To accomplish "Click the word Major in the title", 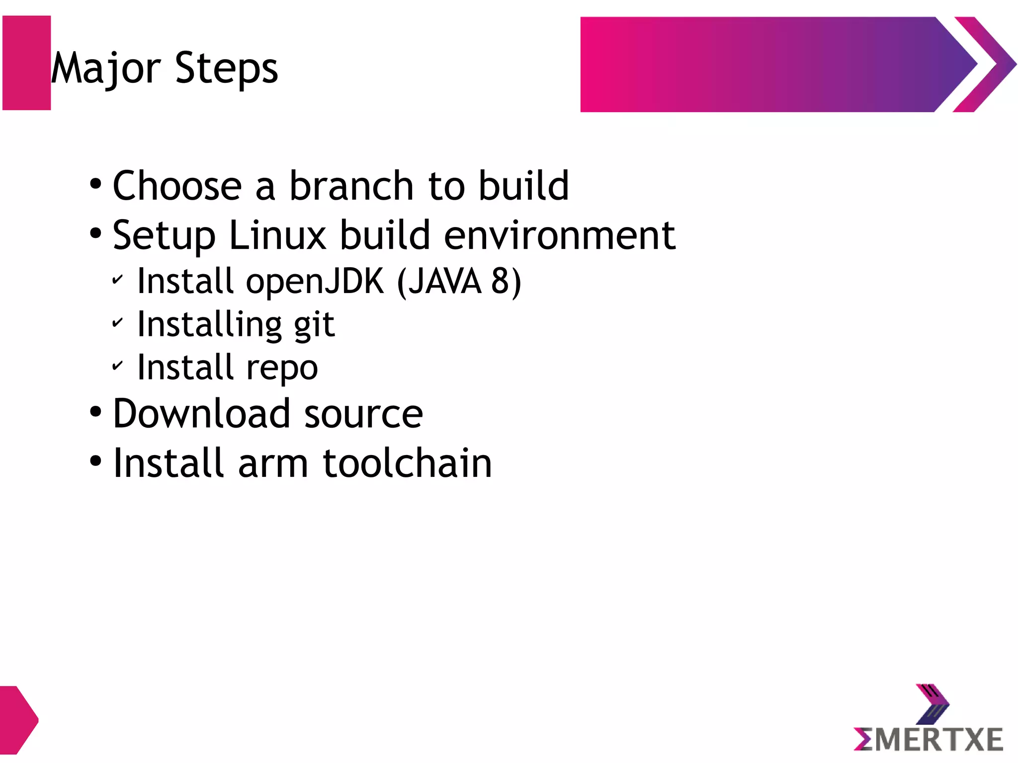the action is click(x=105, y=69).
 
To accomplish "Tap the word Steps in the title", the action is click(x=226, y=69).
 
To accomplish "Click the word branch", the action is click(x=351, y=186).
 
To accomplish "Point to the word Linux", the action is click(x=277, y=235).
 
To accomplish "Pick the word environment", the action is click(x=559, y=235).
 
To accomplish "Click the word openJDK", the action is click(x=315, y=282).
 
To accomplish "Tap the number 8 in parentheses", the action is click(x=500, y=281).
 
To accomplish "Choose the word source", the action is click(x=363, y=414).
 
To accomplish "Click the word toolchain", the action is click(x=407, y=463).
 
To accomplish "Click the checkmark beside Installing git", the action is click(x=117, y=323).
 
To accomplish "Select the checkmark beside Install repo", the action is click(x=117, y=366).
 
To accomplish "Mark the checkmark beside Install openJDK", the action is click(x=117, y=280).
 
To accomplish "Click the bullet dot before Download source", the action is click(x=95, y=412).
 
